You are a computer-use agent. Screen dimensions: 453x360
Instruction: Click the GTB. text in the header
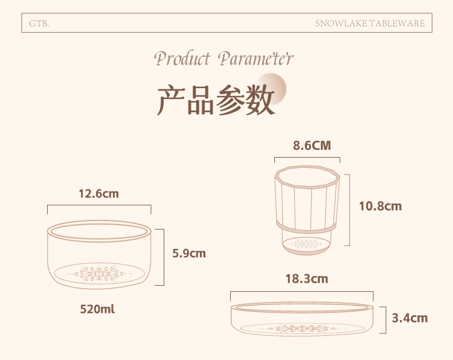39,24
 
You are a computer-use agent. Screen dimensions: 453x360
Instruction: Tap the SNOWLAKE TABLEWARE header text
370,24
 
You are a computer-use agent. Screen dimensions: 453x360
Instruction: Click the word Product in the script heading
182,59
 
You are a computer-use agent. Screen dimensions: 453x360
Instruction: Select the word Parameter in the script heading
255,59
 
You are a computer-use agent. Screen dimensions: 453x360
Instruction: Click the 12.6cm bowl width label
99,193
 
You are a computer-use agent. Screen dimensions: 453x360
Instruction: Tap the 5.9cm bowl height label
189,253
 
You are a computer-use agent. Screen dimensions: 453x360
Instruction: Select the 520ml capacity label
97,309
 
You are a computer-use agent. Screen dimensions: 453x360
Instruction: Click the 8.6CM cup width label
312,146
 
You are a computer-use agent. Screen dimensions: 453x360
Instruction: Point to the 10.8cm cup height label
380,207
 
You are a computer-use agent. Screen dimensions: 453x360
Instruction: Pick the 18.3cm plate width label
307,279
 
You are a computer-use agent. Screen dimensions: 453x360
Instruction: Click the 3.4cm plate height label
410,318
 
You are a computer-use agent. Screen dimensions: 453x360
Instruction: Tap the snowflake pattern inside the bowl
99,274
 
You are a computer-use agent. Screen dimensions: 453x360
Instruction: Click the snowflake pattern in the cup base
307,245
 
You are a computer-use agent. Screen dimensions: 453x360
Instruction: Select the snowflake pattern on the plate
302,329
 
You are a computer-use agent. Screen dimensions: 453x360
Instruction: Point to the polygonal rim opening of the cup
307,177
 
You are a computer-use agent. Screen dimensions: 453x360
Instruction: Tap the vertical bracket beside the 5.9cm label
164,257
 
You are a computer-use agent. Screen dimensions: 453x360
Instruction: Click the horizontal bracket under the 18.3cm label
301,292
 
